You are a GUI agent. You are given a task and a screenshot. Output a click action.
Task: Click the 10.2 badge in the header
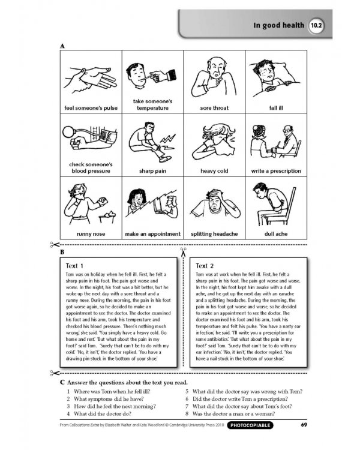pyautogui.click(x=316, y=26)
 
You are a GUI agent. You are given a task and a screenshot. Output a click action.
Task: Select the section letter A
pyautogui.click(x=62, y=46)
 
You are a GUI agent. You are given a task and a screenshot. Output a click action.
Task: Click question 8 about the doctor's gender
pyautogui.click(x=240, y=413)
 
